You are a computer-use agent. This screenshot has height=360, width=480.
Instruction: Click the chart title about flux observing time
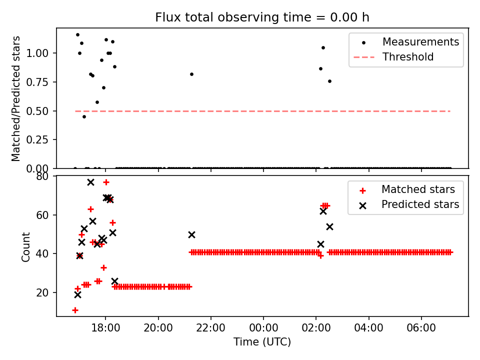pos(262,17)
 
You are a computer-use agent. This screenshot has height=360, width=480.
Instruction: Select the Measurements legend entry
pos(420,42)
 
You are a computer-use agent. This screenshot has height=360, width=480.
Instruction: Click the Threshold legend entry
pos(407,57)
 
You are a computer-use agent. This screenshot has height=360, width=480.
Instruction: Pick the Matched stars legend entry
pos(418,189)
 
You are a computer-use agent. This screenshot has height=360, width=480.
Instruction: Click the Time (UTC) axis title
pos(262,342)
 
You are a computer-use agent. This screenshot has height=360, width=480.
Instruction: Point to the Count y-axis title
pos(26,246)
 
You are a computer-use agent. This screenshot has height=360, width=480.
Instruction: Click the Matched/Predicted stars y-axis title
pos(16,98)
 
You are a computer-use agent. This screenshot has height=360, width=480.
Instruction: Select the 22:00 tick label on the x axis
pos(211,330)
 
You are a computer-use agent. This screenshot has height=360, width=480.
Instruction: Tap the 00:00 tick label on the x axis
pos(263,330)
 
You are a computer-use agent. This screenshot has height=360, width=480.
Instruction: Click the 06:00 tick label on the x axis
pos(421,330)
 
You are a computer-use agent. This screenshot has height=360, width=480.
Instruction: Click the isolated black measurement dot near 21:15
pos(191,74)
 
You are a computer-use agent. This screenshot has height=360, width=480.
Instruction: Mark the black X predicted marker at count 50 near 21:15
pos(191,234)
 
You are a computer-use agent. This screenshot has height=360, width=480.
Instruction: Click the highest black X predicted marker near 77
pos(90,182)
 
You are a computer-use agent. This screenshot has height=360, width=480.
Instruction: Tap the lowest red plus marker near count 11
pos(75,310)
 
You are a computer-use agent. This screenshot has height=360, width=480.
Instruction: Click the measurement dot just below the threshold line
pos(84,116)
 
